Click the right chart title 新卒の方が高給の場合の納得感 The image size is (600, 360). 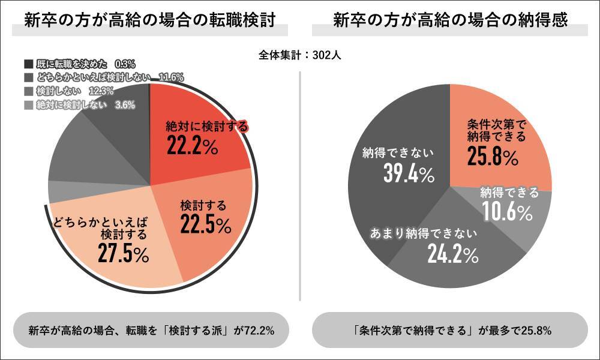[x=451, y=20]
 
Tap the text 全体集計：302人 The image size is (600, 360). [x=300, y=55]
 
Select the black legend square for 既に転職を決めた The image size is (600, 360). [x=28, y=64]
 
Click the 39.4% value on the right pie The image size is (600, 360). [x=408, y=174]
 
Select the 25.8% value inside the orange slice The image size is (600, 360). [x=492, y=158]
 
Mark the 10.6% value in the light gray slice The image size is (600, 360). [x=507, y=212]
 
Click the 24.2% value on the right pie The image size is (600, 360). [x=453, y=254]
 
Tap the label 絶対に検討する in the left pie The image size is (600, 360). [x=207, y=126]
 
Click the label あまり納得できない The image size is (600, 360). [x=423, y=232]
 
